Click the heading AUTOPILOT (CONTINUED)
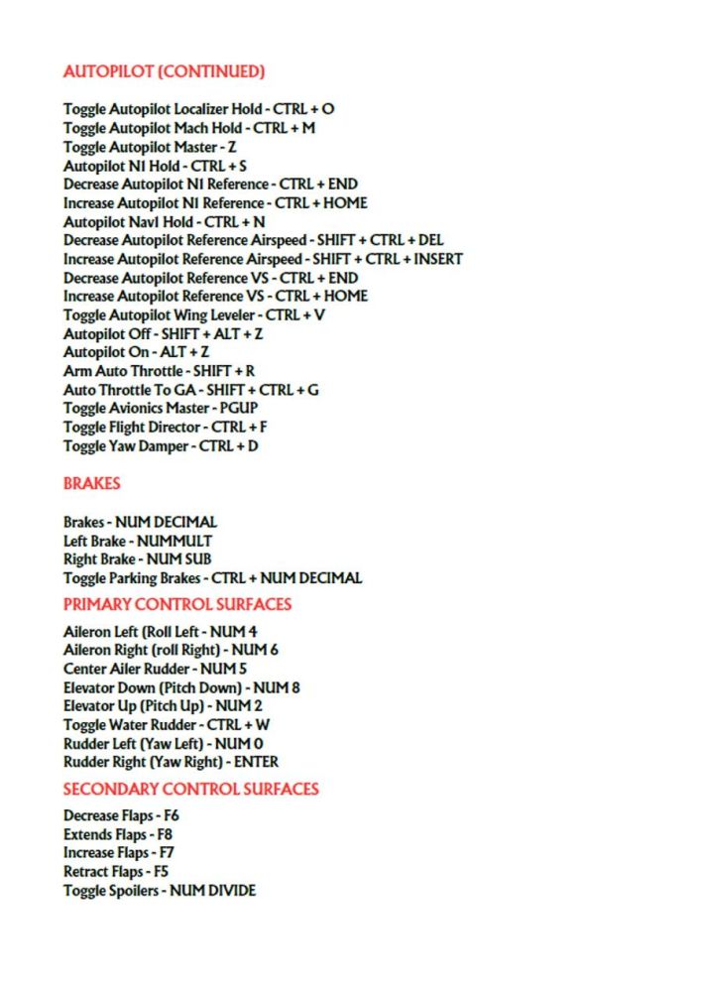(x=164, y=71)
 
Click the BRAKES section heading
(x=92, y=484)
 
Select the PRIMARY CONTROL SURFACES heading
(x=177, y=604)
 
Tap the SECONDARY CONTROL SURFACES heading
(x=191, y=790)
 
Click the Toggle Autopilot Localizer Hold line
(x=198, y=109)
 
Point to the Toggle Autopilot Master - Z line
(x=150, y=147)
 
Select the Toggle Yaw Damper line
(x=160, y=446)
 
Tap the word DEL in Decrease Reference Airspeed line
(x=431, y=240)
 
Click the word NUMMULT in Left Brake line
(x=174, y=541)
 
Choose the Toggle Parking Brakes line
(x=212, y=578)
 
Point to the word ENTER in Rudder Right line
(x=256, y=763)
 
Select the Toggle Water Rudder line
(x=167, y=725)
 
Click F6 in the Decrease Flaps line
(x=170, y=816)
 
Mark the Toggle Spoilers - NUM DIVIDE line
(x=160, y=891)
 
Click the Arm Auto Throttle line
(x=159, y=371)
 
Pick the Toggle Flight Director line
(x=166, y=428)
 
